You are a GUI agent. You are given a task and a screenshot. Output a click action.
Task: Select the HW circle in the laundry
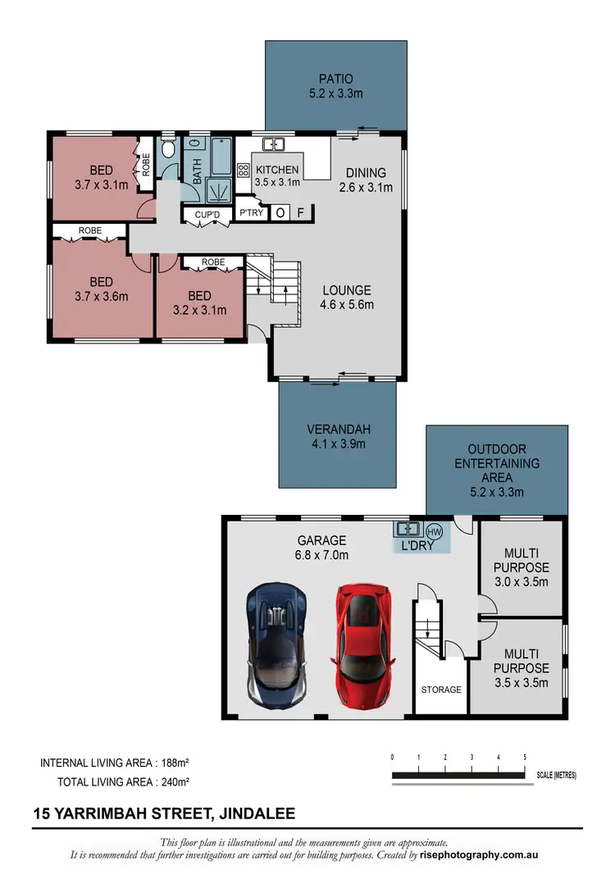point(435,531)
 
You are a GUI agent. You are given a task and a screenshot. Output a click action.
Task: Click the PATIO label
point(335,80)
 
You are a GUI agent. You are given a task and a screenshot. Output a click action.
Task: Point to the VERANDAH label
point(336,430)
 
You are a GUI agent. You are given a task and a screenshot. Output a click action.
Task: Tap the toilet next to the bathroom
point(168,148)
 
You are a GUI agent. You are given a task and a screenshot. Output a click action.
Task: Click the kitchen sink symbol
point(273,145)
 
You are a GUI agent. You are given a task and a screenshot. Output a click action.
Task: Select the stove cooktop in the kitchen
point(244,171)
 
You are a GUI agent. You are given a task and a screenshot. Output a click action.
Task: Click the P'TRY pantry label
point(249,213)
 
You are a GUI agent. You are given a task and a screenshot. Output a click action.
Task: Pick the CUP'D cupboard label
point(207,215)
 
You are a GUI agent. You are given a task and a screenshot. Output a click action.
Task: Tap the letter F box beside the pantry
point(302,213)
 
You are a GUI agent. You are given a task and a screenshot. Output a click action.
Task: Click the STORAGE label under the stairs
point(441,690)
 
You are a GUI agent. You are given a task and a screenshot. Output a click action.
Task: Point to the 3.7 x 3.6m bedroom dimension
point(101,297)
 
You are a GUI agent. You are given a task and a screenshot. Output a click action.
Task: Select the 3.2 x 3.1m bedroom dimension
point(199,310)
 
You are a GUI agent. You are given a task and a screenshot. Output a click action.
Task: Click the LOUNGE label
point(346,290)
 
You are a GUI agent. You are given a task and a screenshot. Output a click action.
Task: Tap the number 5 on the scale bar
point(525,757)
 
